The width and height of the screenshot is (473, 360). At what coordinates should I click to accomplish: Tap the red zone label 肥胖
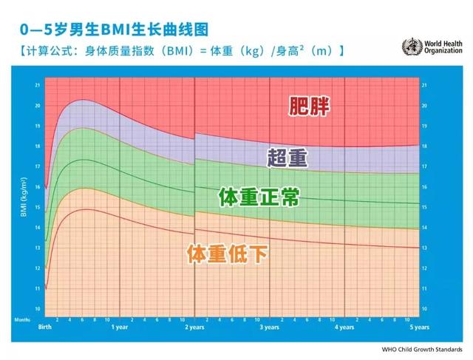pos(309,105)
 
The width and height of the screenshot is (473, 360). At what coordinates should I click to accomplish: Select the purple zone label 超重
pos(287,157)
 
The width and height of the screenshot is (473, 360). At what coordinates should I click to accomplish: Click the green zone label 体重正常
pos(259,197)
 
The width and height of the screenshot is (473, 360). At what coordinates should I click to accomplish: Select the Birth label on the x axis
pos(45,327)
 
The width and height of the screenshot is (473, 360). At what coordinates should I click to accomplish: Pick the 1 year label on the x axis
pos(120,327)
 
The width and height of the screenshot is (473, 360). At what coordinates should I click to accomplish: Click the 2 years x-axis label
pos(194,327)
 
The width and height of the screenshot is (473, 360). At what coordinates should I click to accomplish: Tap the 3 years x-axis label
pos(270,327)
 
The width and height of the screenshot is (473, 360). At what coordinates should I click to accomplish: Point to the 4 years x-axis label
pos(344,327)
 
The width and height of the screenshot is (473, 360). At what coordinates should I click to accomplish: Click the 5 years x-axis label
pos(419,327)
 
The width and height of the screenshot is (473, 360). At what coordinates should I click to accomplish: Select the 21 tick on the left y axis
pos(38,85)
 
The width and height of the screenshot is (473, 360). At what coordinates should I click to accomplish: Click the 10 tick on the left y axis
pos(38,308)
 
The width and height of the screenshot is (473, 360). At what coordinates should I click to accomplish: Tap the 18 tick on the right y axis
pos(424,146)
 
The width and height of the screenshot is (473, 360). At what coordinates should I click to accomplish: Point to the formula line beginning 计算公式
pos(178,51)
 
